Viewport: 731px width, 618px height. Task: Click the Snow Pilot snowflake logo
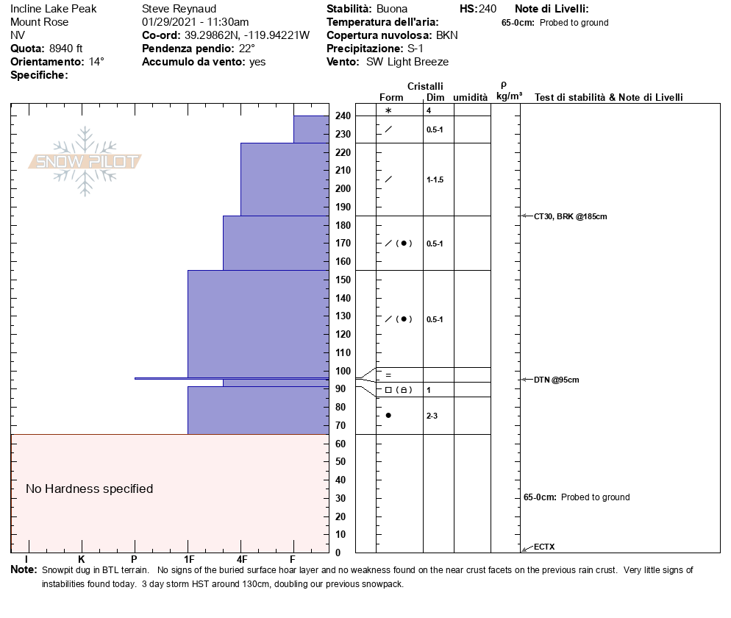(85, 161)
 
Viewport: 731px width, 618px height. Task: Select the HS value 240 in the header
(488, 10)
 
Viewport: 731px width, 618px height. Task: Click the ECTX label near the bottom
(544, 547)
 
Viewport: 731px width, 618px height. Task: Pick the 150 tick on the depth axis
(342, 280)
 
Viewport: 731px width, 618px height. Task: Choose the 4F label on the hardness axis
(242, 560)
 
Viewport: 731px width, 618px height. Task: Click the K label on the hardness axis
(81, 560)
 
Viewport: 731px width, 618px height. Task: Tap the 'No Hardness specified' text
(89, 489)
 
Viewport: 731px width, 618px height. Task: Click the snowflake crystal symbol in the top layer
(388, 110)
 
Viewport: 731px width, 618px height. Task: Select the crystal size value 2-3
(432, 416)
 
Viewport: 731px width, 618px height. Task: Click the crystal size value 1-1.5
(435, 180)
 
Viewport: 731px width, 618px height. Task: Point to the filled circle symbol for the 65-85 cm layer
(388, 416)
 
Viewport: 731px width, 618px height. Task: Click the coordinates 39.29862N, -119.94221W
(246, 35)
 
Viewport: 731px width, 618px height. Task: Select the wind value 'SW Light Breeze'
(407, 62)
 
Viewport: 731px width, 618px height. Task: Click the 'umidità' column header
(470, 97)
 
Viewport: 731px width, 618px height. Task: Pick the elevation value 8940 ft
(66, 49)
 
